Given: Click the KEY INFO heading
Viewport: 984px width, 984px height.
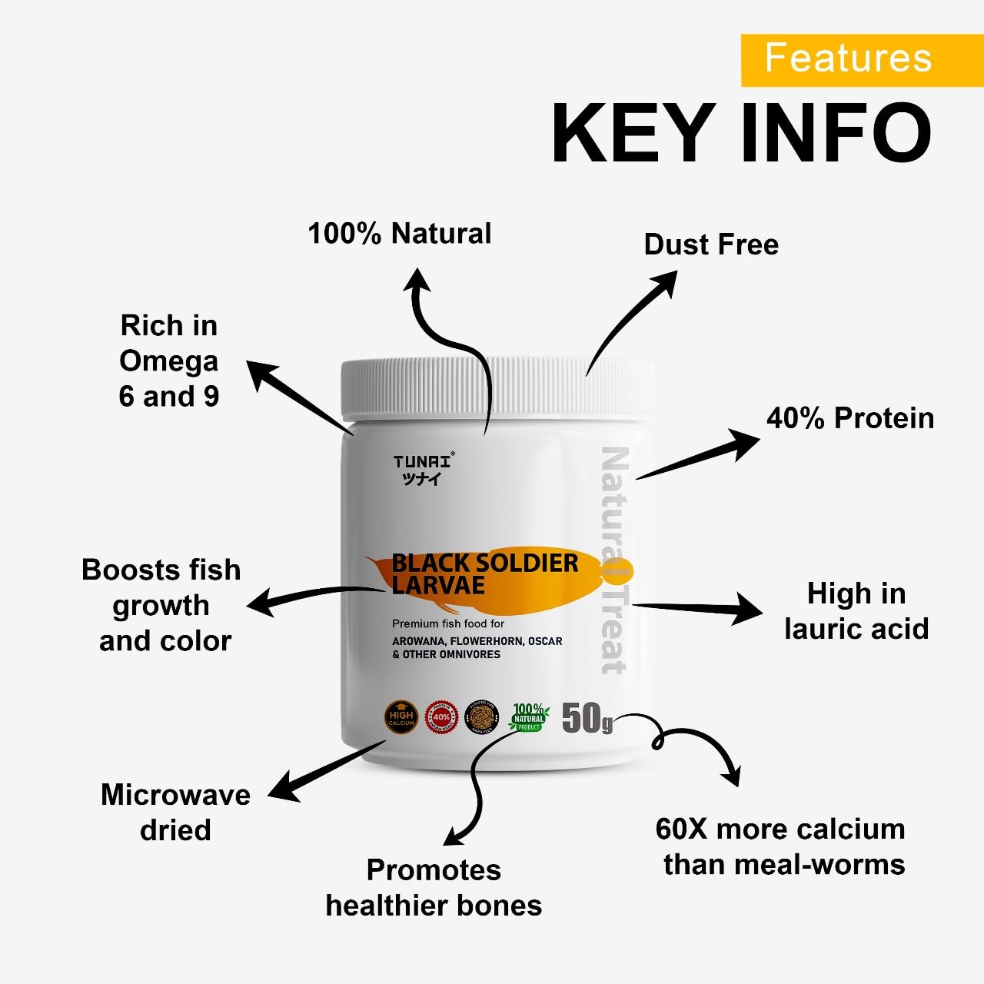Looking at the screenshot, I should pyautogui.click(x=741, y=132).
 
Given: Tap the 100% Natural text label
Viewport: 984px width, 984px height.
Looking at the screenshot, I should pyautogui.click(x=399, y=234).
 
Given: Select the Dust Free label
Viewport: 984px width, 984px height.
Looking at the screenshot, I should pyautogui.click(x=711, y=244).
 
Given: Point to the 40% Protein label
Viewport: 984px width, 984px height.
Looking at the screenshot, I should pyautogui.click(x=850, y=418).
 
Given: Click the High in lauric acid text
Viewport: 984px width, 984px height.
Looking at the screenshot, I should pyautogui.click(x=856, y=611).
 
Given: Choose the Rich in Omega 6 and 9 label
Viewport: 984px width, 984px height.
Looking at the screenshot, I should pyautogui.click(x=169, y=361).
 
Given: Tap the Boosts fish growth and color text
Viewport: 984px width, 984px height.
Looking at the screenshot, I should pyautogui.click(x=162, y=605).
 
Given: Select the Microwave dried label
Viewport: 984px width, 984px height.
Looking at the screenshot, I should pyautogui.click(x=175, y=812).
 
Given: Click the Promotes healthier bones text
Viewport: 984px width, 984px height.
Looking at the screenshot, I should pyautogui.click(x=434, y=887).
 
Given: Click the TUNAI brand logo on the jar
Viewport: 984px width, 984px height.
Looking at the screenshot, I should pyautogui.click(x=424, y=469).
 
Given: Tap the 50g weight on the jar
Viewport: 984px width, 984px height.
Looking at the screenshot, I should pyautogui.click(x=587, y=718).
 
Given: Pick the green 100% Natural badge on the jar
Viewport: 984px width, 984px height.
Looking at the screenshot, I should pyautogui.click(x=528, y=717).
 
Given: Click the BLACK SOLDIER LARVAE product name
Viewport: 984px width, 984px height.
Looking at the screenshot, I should pyautogui.click(x=484, y=573).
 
